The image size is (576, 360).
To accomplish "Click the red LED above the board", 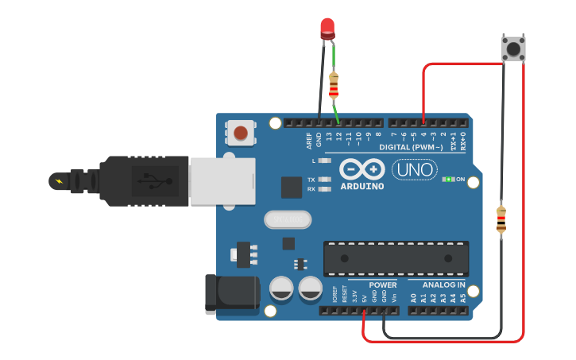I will point(327,29).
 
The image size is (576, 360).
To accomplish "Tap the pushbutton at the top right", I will point(514,48).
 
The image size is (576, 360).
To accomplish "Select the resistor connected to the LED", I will point(334,84).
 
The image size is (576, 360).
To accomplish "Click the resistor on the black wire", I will point(501,220).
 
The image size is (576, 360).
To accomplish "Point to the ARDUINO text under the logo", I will point(361,187).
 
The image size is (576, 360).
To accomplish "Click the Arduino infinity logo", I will point(361,169).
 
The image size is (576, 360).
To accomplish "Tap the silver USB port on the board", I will point(222,180).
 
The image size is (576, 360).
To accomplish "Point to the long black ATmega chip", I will point(395,258).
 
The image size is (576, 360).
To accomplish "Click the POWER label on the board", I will point(383,285).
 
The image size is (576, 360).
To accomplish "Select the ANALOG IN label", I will point(444,285).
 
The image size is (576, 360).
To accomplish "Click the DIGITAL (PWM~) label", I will point(412,147).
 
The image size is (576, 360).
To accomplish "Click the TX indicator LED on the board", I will point(323,180).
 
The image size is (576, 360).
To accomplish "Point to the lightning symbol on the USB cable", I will point(59,181).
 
